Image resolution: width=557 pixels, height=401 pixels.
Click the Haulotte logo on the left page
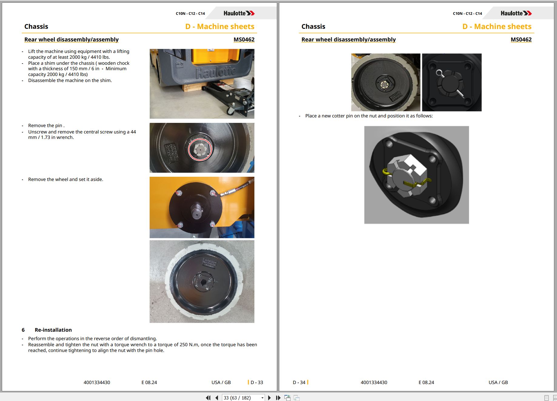click(x=239, y=13)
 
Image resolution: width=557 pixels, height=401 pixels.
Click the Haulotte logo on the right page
click(x=516, y=13)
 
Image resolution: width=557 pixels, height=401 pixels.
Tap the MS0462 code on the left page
click(x=244, y=40)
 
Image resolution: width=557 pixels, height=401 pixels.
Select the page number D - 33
click(x=257, y=382)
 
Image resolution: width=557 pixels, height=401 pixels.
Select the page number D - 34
click(x=299, y=382)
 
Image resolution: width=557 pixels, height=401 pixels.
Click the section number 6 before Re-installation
click(x=23, y=330)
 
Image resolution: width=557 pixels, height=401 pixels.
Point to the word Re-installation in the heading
click(x=53, y=330)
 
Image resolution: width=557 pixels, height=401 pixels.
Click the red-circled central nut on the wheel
click(x=200, y=149)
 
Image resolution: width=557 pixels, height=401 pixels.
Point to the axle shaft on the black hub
click(x=196, y=210)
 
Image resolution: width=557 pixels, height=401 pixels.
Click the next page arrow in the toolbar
click(x=269, y=398)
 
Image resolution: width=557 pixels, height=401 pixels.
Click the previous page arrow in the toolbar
click(x=216, y=398)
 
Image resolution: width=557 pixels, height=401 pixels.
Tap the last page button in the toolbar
click(x=278, y=398)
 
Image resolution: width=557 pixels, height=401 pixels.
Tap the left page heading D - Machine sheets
click(x=220, y=27)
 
